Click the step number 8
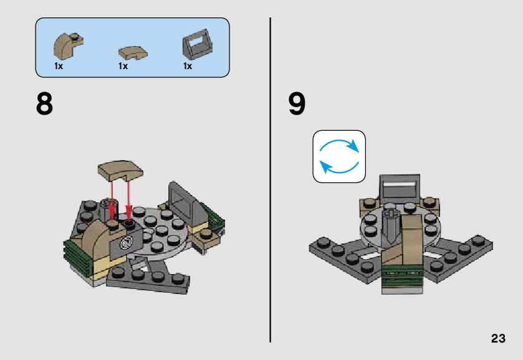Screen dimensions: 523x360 click(44, 104)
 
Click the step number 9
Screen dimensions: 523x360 click(297, 104)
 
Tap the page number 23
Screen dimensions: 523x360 click(498, 338)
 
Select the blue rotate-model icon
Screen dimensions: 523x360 click(339, 157)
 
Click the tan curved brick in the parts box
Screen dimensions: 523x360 click(68, 45)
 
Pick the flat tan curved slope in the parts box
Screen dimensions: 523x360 click(133, 53)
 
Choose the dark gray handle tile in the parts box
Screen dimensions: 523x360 click(198, 44)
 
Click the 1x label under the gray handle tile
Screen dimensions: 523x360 click(188, 66)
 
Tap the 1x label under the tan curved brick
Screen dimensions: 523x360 click(59, 66)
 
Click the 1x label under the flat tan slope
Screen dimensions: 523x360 click(123, 66)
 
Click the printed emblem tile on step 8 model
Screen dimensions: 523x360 click(127, 243)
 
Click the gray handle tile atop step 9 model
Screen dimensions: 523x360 click(400, 187)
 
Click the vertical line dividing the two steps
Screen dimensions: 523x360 click(270, 180)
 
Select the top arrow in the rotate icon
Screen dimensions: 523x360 click(339, 143)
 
